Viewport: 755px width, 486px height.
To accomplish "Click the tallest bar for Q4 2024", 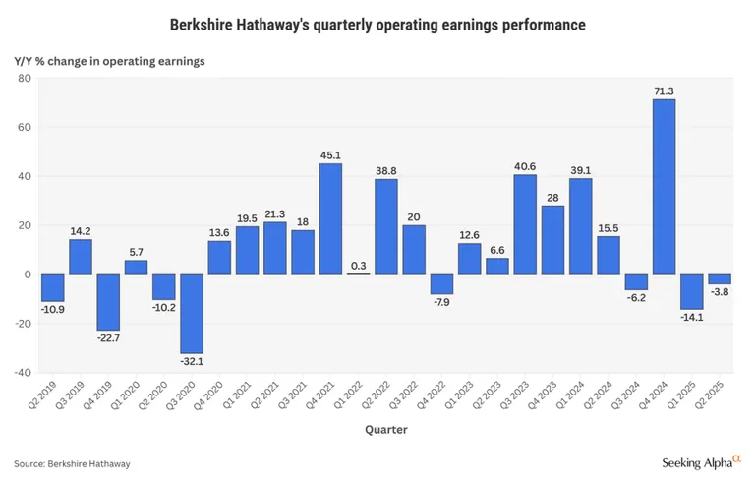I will tap(664, 187).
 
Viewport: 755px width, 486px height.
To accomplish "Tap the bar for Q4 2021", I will tap(330, 218).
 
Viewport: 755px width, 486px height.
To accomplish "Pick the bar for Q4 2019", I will tap(108, 302).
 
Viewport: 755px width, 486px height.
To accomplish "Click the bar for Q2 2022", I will tap(386, 226).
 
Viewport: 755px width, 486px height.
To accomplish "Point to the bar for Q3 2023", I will tap(525, 224).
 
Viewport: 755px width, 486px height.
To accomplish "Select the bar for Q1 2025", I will tap(692, 291).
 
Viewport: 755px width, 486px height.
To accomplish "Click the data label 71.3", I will tap(664, 91).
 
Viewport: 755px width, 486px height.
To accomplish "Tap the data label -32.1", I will tap(192, 362).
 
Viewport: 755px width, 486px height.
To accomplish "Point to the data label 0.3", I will tap(358, 265).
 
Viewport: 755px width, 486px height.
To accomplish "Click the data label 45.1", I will tap(330, 154).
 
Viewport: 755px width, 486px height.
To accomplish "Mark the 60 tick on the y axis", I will tap(24, 127).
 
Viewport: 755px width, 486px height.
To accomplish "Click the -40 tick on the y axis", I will tap(22, 373).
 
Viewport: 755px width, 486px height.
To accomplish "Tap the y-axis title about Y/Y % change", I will tap(109, 61).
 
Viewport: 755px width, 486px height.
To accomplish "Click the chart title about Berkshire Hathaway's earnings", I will tap(377, 23).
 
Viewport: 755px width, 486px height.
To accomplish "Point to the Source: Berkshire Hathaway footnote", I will tap(72, 463).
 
